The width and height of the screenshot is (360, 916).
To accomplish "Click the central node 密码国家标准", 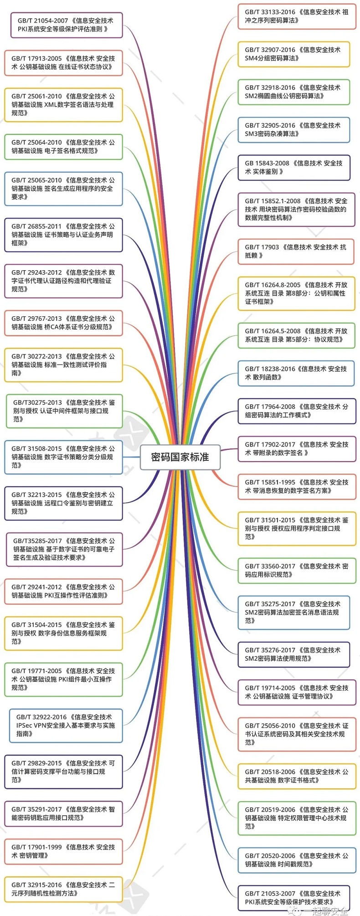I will pyautogui.click(x=180, y=457).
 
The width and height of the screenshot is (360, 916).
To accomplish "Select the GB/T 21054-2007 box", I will pyautogui.click(x=67, y=25).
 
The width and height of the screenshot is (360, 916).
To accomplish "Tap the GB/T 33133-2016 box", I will pyautogui.click(x=296, y=16).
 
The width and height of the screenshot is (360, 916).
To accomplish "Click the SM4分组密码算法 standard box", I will pyautogui.click(x=293, y=54).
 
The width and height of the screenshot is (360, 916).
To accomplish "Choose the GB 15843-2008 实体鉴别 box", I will pyautogui.click(x=293, y=167).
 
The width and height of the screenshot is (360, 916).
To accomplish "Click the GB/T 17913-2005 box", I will pyautogui.click(x=63, y=62).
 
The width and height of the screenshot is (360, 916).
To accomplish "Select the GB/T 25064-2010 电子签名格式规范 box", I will pyautogui.click(x=63, y=147).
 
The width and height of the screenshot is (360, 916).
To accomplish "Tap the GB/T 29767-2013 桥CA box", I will pyautogui.click(x=63, y=323).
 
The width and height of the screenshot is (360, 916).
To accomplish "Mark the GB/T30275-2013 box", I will pyautogui.click(x=64, y=411).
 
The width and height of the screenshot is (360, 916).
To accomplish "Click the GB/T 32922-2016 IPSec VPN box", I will pyautogui.click(x=66, y=725).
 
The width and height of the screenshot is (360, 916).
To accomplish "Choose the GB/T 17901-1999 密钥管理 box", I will pyautogui.click(x=63, y=851).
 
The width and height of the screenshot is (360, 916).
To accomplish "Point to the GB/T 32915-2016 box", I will pyautogui.click(x=63, y=889).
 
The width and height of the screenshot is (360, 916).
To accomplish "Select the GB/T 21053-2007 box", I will pyautogui.click(x=293, y=898).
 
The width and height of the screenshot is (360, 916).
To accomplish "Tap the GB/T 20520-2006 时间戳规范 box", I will pyautogui.click(x=296, y=860).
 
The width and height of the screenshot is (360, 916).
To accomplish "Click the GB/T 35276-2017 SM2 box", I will pyautogui.click(x=293, y=654).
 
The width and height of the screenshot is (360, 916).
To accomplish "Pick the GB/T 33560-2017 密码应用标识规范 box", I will pyautogui.click(x=296, y=570).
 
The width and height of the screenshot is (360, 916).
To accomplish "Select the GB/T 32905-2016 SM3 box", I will pyautogui.click(x=293, y=129).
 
